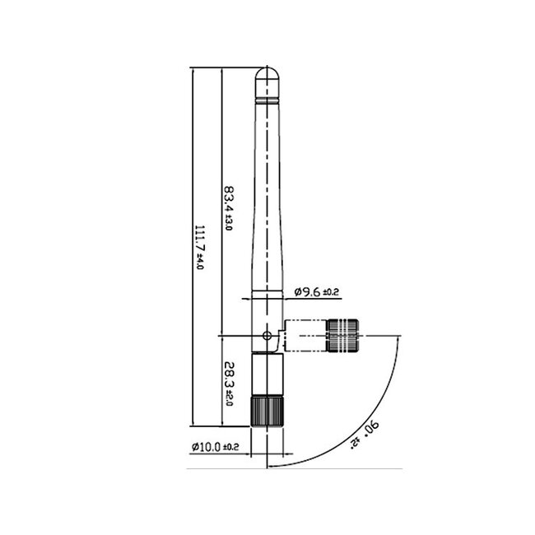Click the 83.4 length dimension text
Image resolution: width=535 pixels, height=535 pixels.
click(228, 201)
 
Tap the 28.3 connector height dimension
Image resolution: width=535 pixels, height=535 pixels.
click(228, 375)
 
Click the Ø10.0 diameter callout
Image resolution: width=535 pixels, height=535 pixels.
click(206, 447)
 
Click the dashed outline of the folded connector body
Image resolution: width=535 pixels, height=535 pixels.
click(305, 335)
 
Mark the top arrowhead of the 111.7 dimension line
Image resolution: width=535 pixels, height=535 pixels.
click(192, 73)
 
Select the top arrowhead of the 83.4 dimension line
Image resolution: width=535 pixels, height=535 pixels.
click(221, 73)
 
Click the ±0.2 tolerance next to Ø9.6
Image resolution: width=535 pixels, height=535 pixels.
click(331, 292)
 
